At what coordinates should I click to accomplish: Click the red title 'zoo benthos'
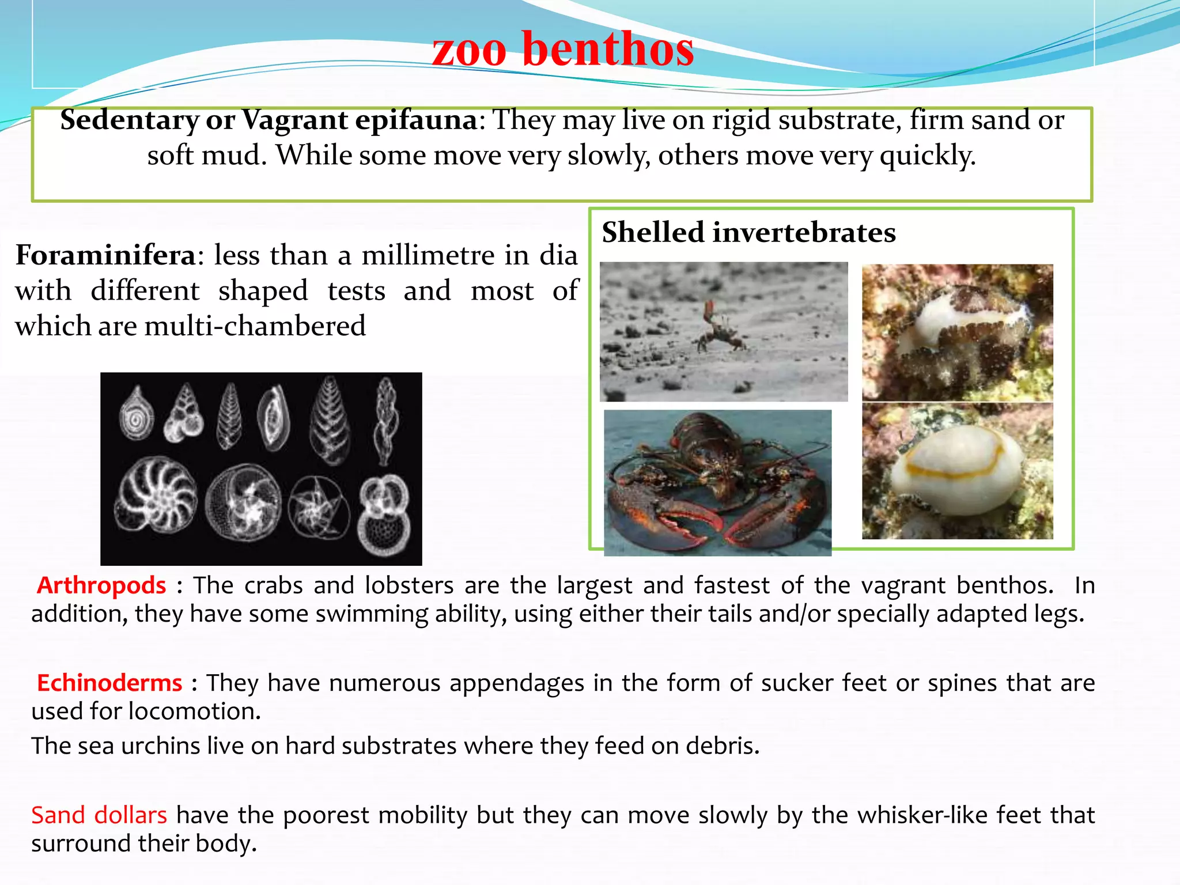563,50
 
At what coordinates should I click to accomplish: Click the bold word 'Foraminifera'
105,255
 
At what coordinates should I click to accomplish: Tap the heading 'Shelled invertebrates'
748,233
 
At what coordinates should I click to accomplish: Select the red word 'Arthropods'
101,585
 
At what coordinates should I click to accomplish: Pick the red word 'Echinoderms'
109,683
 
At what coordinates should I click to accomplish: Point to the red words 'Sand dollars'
99,815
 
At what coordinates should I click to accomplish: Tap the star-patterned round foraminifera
319,508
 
